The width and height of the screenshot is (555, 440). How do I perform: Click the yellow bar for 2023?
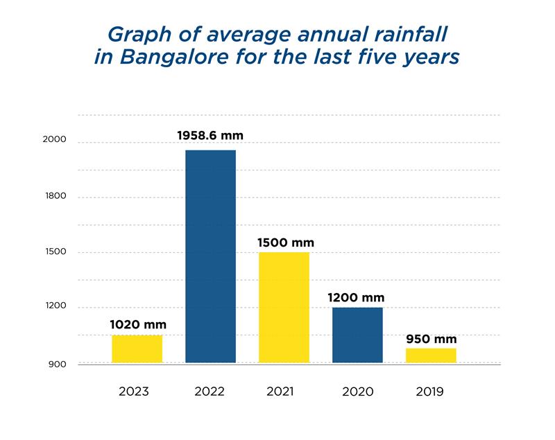[x=137, y=349]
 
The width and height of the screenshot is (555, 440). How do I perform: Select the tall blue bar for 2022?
[x=210, y=256]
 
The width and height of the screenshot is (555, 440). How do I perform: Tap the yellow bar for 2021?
[x=284, y=307]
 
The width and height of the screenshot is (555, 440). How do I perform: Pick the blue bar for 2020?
[x=357, y=335]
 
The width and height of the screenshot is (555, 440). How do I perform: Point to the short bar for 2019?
[x=431, y=355]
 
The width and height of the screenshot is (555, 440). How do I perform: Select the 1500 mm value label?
[x=285, y=243]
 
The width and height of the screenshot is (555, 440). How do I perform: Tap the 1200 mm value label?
[x=357, y=298]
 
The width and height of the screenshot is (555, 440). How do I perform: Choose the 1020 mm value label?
[x=138, y=324]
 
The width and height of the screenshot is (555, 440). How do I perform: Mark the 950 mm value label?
[x=431, y=339]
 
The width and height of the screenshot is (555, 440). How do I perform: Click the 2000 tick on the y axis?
[x=55, y=140]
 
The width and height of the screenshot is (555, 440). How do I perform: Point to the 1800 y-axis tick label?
[x=55, y=196]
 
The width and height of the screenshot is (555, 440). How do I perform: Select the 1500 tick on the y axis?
[x=55, y=252]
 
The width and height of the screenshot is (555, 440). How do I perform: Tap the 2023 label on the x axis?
[x=134, y=392]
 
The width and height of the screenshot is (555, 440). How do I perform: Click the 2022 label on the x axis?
[x=210, y=392]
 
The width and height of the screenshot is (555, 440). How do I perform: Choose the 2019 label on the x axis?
[x=429, y=392]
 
